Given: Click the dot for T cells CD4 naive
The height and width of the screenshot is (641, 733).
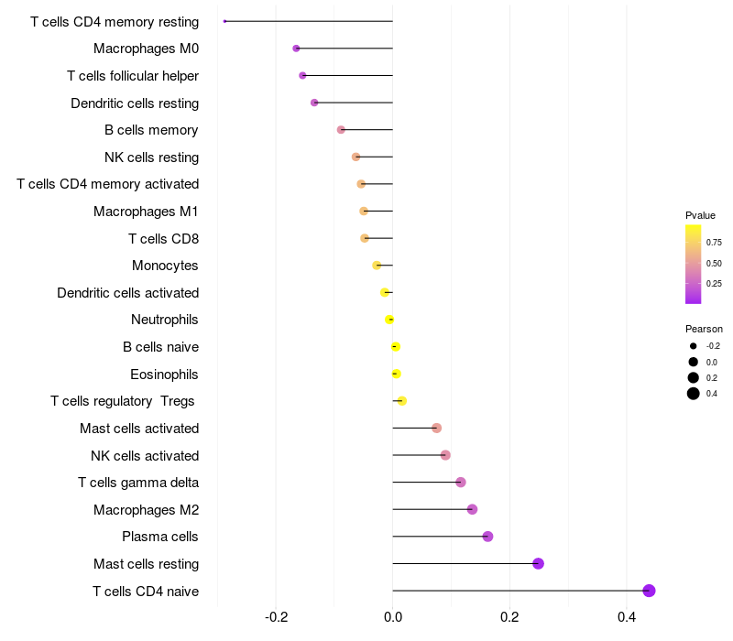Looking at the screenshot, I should pyautogui.click(x=649, y=591).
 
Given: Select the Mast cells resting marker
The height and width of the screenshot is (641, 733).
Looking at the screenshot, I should pyautogui.click(x=538, y=563).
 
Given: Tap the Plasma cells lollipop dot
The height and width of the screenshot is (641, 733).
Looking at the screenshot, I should pyautogui.click(x=487, y=537).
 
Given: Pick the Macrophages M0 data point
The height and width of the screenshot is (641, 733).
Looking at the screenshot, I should pyautogui.click(x=296, y=49).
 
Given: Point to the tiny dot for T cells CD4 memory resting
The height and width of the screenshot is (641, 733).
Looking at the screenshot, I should pyautogui.click(x=224, y=21).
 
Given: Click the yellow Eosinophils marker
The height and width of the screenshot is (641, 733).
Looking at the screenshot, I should pyautogui.click(x=396, y=374).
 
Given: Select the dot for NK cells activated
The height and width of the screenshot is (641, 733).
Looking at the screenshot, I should pyautogui.click(x=445, y=455).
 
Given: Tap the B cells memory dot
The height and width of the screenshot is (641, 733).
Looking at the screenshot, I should pyautogui.click(x=341, y=130).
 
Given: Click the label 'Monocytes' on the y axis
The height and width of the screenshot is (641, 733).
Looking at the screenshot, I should pyautogui.click(x=165, y=266).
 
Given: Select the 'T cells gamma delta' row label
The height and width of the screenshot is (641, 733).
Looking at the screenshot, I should pyautogui.click(x=138, y=483).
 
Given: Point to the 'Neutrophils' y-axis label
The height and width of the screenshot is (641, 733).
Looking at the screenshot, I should pyautogui.click(x=165, y=320).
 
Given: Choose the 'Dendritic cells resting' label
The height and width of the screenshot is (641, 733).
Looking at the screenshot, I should pyautogui.click(x=135, y=103).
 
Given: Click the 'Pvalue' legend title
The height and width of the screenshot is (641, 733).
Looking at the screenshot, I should pyautogui.click(x=700, y=215).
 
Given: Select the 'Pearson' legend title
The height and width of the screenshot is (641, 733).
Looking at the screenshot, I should pyautogui.click(x=704, y=329).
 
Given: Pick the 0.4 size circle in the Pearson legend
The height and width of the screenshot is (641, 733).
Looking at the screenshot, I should pyautogui.click(x=694, y=394).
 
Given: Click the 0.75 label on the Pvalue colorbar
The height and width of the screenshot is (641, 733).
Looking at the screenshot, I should pyautogui.click(x=713, y=243).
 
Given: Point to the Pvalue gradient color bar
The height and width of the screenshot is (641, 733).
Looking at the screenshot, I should pyautogui.click(x=694, y=264).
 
